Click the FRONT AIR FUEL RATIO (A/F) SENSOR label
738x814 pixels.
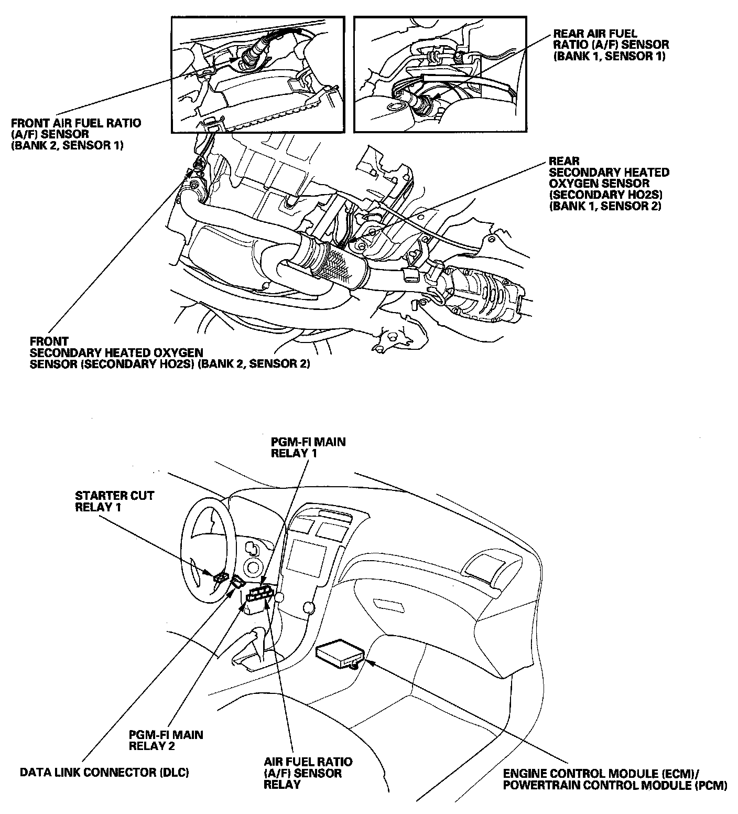(x=75, y=134)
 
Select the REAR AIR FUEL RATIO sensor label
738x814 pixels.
(x=611, y=45)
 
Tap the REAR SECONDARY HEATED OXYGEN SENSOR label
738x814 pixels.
(x=609, y=184)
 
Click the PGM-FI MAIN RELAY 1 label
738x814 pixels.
(x=308, y=447)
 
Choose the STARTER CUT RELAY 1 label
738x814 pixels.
(x=114, y=501)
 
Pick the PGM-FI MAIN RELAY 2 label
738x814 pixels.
(x=166, y=740)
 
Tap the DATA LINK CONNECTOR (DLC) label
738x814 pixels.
(x=104, y=773)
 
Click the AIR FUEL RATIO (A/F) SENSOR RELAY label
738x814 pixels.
(x=308, y=773)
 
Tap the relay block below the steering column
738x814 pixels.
(x=259, y=598)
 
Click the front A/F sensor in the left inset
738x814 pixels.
(x=251, y=54)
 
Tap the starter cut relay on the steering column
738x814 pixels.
(x=220, y=577)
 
